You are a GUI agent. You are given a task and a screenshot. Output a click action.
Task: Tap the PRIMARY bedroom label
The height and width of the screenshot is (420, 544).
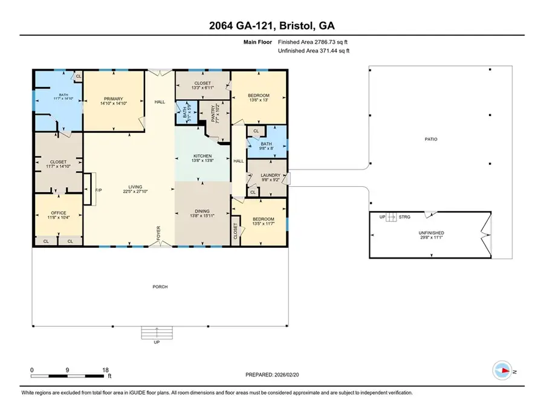(113, 99)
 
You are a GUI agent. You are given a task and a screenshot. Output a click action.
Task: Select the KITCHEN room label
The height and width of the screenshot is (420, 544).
(202, 155)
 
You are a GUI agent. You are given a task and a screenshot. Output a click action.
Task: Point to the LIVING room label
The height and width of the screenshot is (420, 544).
(129, 187)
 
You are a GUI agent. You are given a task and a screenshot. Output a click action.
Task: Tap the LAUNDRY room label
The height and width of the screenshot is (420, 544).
(270, 175)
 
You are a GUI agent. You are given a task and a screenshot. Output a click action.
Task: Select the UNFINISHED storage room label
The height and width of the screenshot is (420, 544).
(432, 233)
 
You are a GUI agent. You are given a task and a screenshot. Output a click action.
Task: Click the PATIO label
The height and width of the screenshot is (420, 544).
(431, 139)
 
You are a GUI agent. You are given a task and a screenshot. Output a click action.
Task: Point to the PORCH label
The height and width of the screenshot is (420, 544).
(160, 286)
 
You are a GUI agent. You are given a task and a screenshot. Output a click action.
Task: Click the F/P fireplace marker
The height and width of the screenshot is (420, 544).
(98, 190)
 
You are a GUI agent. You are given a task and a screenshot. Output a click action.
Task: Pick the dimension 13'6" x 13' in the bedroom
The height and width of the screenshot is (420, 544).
(259, 101)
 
